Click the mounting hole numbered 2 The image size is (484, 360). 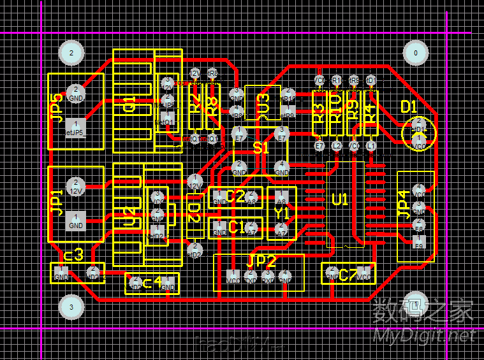click(71, 53)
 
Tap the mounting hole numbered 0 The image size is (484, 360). click(416, 53)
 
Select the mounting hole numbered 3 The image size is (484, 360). click(71, 307)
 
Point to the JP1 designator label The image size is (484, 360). click(57, 202)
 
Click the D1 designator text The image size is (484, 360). click(409, 106)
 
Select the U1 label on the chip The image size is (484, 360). click(340, 199)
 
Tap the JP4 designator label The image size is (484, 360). click(403, 205)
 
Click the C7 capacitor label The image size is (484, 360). click(348, 275)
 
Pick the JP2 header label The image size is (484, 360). click(261, 261)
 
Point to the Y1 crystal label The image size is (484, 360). click(281, 212)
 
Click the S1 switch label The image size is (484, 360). click(261, 148)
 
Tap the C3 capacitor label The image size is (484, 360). click(74, 255)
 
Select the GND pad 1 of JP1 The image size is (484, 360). click(76, 221)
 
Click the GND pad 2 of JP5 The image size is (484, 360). click(75, 93)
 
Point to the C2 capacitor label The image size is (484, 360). click(236, 196)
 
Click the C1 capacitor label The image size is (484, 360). click(236, 227)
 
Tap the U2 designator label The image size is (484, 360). click(129, 217)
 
